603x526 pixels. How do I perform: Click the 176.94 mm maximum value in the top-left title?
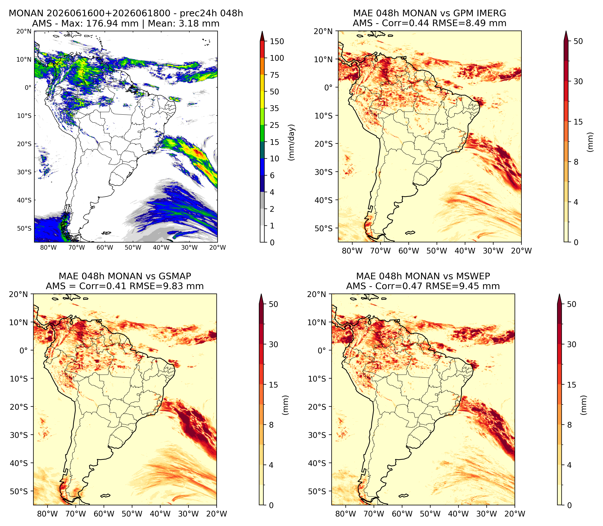point(112,23)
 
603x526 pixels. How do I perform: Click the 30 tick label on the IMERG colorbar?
point(578,81)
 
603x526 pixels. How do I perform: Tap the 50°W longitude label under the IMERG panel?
point(437,251)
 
